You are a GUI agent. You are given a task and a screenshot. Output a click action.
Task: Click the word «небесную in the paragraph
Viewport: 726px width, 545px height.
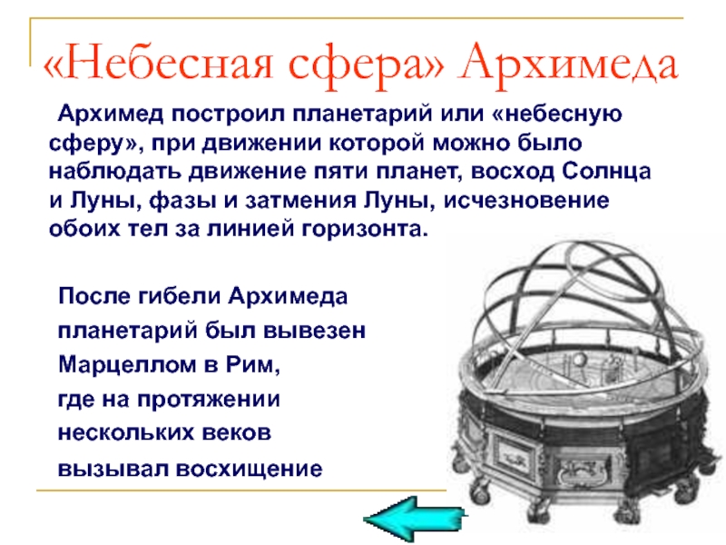coord(553,115)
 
